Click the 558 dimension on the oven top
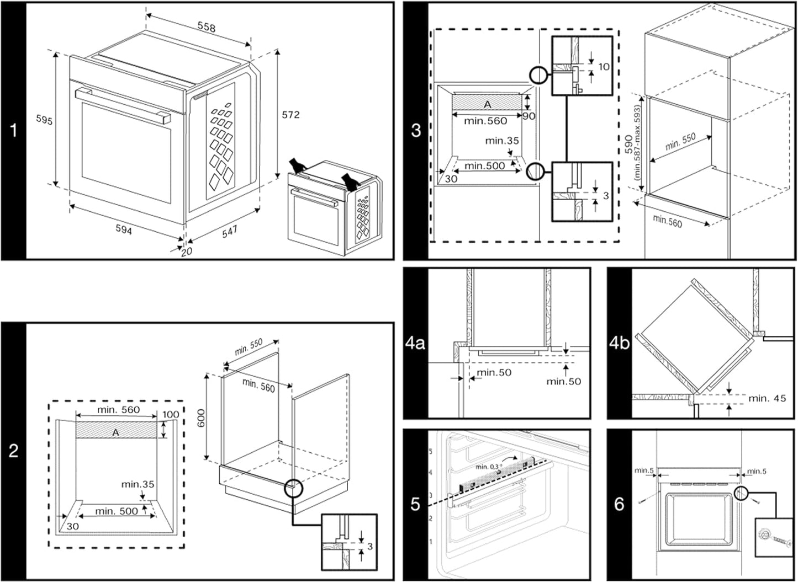tap(207, 27)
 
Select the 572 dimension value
tap(290, 115)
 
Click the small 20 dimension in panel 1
tap(187, 251)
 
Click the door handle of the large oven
tap(122, 105)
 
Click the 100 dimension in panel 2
tap(171, 415)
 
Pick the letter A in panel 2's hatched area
tap(115, 433)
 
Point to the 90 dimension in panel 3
tap(529, 116)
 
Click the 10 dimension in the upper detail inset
tap(604, 67)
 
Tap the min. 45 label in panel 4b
tap(767, 398)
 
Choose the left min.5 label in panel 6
tap(644, 470)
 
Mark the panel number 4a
tap(415, 343)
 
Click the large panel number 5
tap(415, 504)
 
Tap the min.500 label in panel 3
tap(484, 165)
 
